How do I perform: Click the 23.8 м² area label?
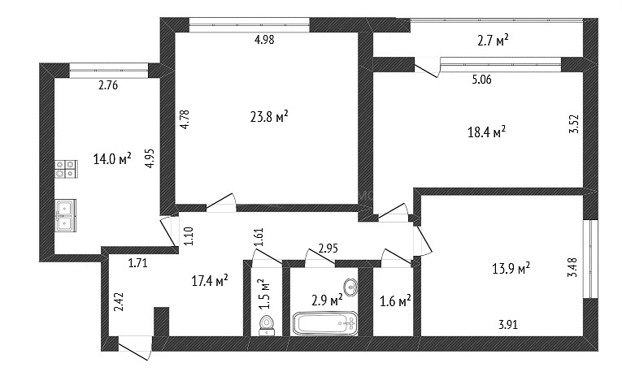coord(269,117)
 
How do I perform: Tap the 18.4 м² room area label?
coord(486,132)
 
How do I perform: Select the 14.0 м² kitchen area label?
coord(112,159)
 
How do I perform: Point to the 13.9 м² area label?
coord(511,269)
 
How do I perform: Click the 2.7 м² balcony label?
coord(493,41)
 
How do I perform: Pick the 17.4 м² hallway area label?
coord(210,281)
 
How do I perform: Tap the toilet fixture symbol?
coord(267,326)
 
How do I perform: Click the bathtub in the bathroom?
coord(325,323)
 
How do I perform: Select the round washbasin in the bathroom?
coord(350,287)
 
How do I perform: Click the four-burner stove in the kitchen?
coord(66,169)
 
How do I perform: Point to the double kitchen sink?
coord(66,215)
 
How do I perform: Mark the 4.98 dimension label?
coord(264,40)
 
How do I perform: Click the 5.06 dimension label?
coord(481,80)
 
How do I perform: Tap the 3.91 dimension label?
coord(507,325)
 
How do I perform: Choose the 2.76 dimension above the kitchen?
coord(108,85)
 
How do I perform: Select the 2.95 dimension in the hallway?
coord(328,249)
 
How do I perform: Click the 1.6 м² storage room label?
coord(395,301)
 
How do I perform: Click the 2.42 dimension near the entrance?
coord(119,301)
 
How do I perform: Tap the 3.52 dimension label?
coord(574,124)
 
